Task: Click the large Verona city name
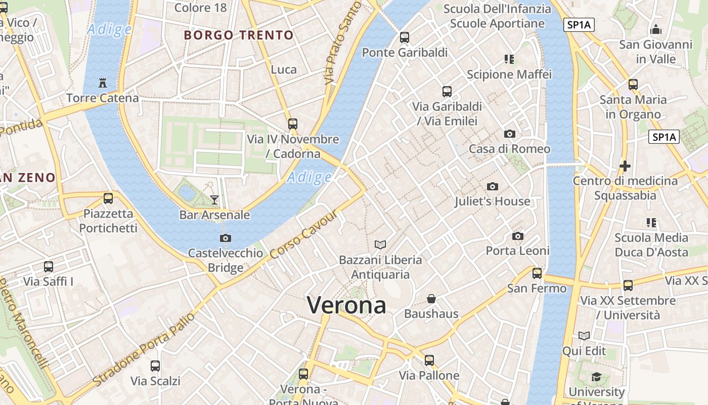tap(346, 305)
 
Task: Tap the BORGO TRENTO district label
tap(239, 35)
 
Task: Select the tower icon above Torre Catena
tap(103, 83)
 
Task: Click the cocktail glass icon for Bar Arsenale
tap(214, 200)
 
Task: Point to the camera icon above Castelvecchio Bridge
tap(226, 238)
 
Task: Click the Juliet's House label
tap(492, 201)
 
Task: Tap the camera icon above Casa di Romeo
tap(509, 134)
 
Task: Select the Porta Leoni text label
tap(517, 251)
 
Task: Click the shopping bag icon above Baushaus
tap(431, 299)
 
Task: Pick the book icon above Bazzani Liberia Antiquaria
tap(380, 245)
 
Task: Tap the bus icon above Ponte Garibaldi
tap(405, 37)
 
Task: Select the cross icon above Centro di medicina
tap(625, 166)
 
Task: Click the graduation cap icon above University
tap(597, 377)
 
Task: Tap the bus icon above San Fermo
tap(537, 273)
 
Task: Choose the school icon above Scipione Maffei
tap(509, 59)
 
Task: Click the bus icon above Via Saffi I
tap(49, 267)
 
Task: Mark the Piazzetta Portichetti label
tap(108, 221)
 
